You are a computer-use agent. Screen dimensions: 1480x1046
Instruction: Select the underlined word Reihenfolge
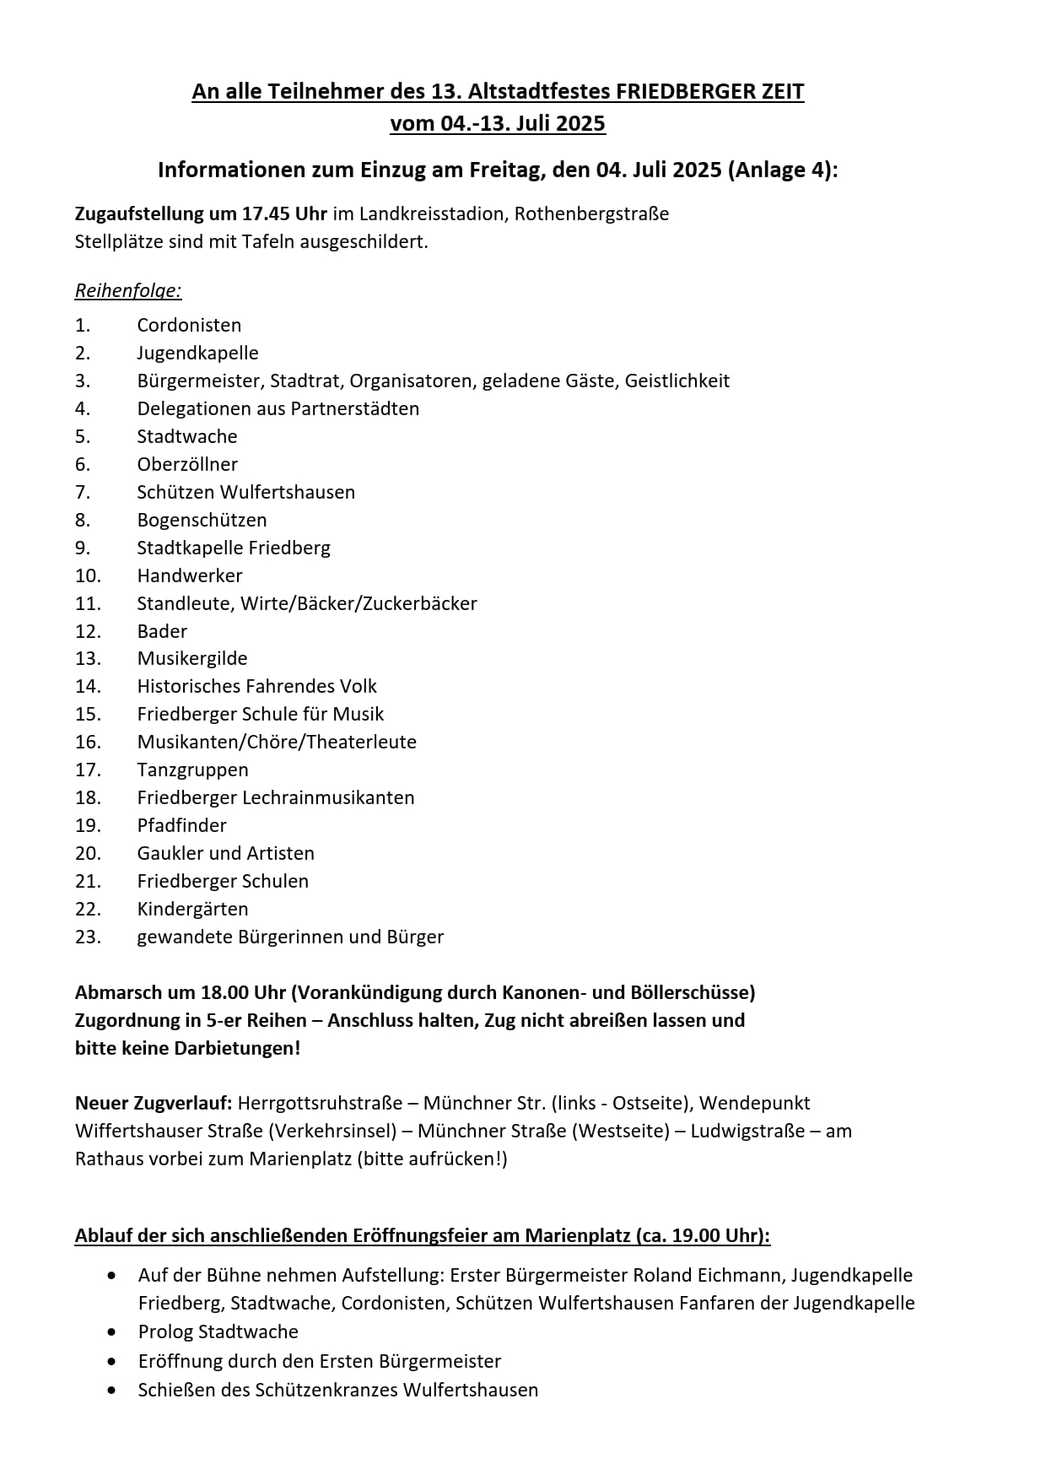click(128, 291)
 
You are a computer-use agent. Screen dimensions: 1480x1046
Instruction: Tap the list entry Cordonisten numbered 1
click(189, 325)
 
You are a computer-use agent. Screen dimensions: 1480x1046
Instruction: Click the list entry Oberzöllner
click(187, 464)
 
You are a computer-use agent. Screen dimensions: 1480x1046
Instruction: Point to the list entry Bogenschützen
click(202, 520)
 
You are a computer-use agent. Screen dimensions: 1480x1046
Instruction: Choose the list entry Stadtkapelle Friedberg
click(234, 548)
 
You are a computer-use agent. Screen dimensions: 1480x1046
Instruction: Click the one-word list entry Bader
click(162, 631)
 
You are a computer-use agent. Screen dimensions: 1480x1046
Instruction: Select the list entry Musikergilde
click(192, 658)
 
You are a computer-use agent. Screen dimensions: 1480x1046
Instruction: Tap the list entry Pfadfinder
click(181, 825)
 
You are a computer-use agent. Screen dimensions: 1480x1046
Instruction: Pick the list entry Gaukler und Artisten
click(225, 853)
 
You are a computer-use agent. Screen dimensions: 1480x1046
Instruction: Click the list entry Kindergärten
click(192, 909)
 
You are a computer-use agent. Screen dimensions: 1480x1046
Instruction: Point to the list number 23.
click(88, 937)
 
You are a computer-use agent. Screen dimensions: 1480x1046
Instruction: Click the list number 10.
click(88, 575)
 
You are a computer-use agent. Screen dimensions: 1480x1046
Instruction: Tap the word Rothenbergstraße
click(591, 213)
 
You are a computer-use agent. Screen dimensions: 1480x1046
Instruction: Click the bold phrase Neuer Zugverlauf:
click(154, 1103)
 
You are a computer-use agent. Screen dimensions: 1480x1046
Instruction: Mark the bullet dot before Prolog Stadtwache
click(112, 1331)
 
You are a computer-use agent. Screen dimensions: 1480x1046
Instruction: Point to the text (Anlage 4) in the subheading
click(780, 170)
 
